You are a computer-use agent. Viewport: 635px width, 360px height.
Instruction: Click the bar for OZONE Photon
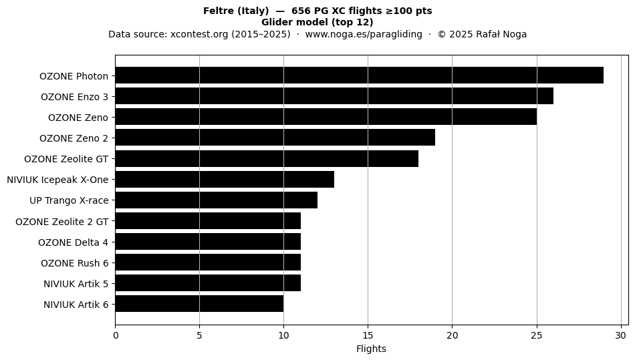point(359,75)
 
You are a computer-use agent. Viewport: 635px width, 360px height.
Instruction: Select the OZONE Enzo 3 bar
point(334,96)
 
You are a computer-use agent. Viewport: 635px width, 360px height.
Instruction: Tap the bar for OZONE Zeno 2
point(275,138)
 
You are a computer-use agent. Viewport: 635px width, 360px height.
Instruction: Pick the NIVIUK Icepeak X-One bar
point(225,179)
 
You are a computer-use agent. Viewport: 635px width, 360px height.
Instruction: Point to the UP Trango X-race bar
point(217,200)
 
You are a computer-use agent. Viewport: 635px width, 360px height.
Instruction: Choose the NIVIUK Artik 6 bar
point(199,303)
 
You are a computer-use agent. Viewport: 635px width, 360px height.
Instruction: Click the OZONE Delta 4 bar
point(208,242)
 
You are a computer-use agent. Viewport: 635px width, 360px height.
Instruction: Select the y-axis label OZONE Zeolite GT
point(66,159)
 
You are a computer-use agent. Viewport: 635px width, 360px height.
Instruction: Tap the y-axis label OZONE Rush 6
point(74,263)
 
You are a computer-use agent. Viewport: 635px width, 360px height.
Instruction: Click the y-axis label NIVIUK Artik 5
point(76,284)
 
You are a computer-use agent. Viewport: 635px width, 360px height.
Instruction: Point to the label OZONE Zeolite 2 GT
point(62,222)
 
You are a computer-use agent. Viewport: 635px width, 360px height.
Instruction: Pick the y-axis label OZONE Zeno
point(78,118)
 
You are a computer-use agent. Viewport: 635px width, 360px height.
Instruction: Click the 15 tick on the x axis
point(368,335)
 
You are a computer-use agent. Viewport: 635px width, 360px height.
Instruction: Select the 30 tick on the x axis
point(621,335)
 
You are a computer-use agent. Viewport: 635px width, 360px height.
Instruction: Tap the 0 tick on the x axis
point(116,335)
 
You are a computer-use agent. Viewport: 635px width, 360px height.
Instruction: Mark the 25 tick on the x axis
point(537,335)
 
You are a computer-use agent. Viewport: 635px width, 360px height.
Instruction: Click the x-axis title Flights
point(371,349)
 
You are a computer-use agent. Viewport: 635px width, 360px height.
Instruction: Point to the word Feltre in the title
point(216,11)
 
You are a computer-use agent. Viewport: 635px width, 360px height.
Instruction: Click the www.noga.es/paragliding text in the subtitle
point(364,34)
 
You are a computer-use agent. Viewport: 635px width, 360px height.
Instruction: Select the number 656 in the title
point(300,11)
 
